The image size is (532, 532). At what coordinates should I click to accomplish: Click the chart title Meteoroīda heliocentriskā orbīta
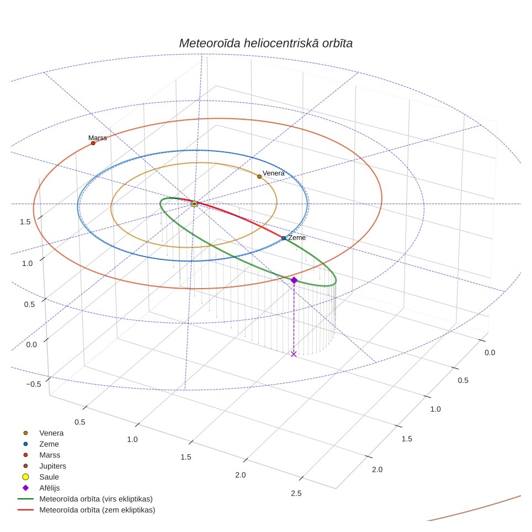point(265,44)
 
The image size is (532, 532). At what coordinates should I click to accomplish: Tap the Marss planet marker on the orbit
point(93,143)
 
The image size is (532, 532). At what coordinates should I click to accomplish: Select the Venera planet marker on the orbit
point(259,177)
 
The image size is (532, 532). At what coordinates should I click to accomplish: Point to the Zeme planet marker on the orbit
point(284,238)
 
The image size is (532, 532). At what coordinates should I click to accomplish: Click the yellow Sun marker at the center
point(194,204)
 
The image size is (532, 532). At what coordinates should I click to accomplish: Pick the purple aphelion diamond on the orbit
point(294,280)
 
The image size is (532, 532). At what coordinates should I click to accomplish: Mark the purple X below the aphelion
point(294,354)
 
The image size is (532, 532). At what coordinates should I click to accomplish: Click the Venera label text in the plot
point(274,173)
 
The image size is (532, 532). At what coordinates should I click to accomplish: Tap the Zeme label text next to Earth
point(297,237)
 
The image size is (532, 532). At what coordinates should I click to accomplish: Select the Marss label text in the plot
point(97,138)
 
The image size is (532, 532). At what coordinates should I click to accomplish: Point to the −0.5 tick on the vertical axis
point(34,384)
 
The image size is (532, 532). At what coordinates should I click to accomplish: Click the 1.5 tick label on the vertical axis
point(25,222)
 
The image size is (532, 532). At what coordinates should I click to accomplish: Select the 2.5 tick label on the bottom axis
point(296,493)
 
